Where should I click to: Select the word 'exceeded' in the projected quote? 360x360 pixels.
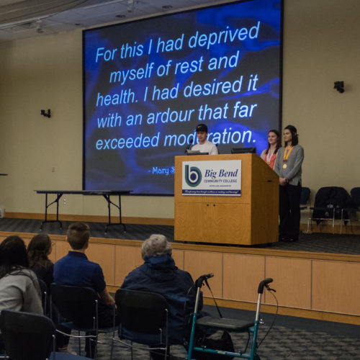pos(129,142)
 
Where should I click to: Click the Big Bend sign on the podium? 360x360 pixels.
pos(212,178)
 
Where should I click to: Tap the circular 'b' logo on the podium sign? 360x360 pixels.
pos(193,175)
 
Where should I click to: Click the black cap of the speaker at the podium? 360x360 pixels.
pos(202,128)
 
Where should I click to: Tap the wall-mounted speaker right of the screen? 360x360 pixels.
pos(338,86)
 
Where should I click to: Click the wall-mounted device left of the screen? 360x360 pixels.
pos(46,113)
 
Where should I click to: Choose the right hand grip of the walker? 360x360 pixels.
pos(265,284)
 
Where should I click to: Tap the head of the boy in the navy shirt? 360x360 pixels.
pos(78,235)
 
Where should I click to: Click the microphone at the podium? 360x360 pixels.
pos(189,147)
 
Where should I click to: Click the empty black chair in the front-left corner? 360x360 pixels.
pos(25,334)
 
